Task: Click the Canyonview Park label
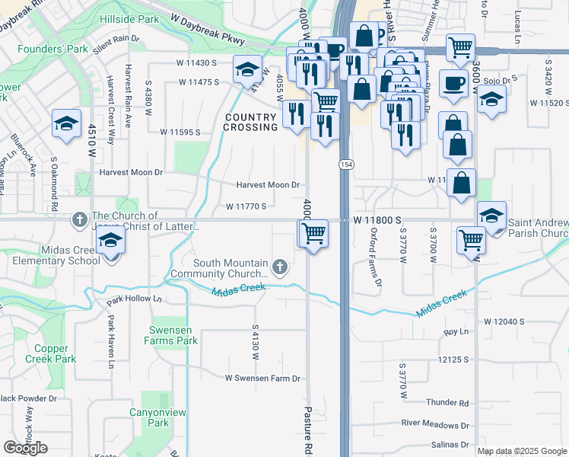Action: [158, 417]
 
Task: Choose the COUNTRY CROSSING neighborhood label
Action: [250, 122]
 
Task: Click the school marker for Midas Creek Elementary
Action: [111, 242]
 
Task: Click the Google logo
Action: [25, 447]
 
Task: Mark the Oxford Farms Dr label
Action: [375, 258]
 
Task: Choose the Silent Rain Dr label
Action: [118, 47]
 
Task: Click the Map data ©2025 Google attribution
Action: [522, 451]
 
